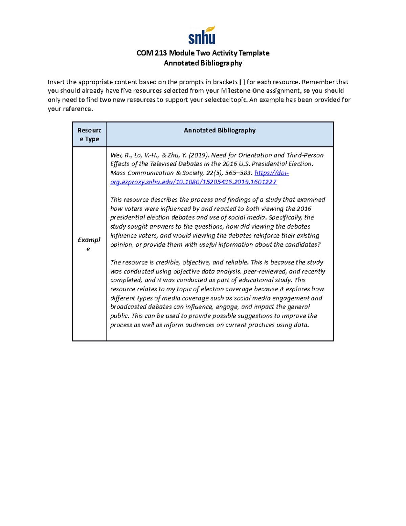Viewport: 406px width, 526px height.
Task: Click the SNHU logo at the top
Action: [x=202, y=36]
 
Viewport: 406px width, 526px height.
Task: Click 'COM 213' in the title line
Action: [x=152, y=53]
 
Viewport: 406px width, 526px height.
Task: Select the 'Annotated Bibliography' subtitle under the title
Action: [x=203, y=63]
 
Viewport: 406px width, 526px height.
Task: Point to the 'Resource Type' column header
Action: [x=89, y=134]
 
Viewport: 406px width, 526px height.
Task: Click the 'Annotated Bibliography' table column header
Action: [x=220, y=130]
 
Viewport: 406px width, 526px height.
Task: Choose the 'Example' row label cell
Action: [x=89, y=244]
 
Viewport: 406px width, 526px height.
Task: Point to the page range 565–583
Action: [x=240, y=173]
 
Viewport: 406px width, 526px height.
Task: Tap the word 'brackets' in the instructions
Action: [x=225, y=82]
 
